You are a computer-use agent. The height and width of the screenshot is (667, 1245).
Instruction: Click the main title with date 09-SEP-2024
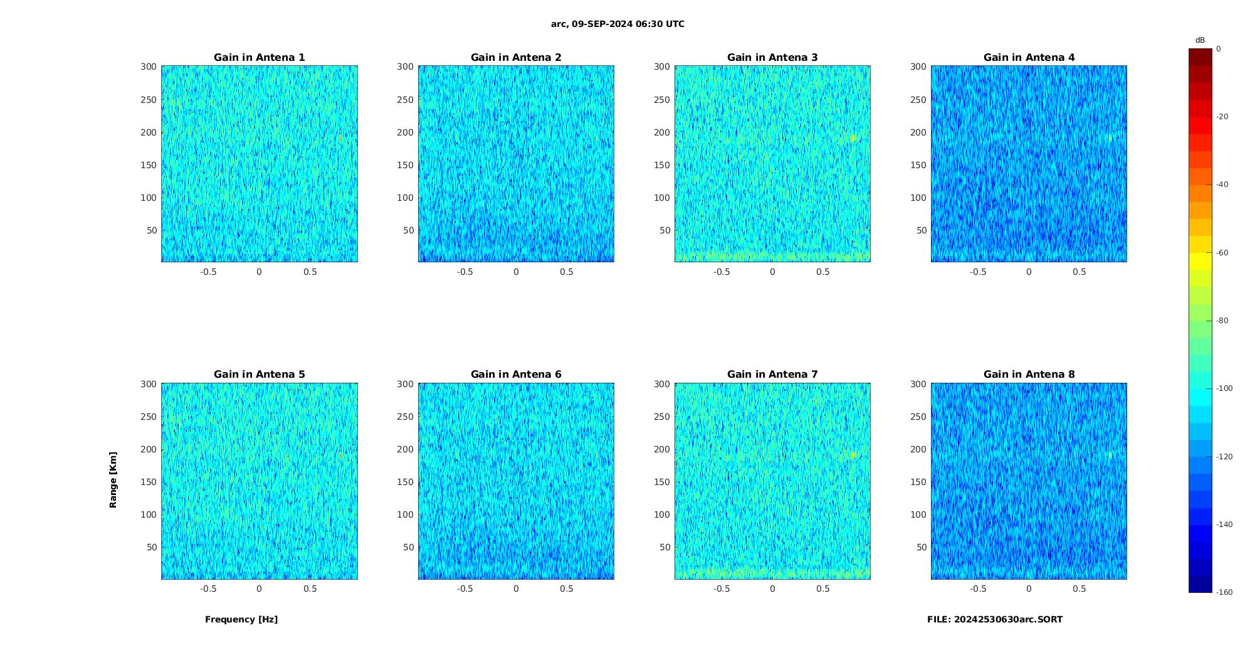coord(617,24)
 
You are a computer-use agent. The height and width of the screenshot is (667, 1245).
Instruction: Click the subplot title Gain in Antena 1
coord(260,57)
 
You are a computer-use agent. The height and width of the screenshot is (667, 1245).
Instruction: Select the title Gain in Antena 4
coord(1029,57)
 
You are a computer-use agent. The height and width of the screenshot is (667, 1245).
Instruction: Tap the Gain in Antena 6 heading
coord(516,374)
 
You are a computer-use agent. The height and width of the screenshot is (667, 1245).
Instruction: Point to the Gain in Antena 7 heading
coord(772,374)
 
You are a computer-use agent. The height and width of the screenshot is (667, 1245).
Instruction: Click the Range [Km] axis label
coord(113,480)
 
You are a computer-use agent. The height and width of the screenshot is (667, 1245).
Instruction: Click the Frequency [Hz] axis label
coord(241,619)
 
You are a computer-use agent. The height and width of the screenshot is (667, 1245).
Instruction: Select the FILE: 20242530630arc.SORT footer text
coord(995,619)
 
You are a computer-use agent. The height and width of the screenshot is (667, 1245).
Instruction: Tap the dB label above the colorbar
coord(1200,40)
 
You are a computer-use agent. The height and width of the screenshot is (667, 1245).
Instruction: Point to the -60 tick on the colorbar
coord(1222,253)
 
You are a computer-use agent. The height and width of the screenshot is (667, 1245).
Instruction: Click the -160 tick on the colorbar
coord(1224,592)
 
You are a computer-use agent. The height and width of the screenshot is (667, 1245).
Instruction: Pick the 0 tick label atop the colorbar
coord(1219,48)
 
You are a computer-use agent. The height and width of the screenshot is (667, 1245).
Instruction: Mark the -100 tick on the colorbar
coord(1224,388)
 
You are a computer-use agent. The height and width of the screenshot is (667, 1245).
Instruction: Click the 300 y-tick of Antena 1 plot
coord(149,67)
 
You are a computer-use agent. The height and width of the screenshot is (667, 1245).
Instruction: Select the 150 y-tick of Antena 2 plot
coord(405,165)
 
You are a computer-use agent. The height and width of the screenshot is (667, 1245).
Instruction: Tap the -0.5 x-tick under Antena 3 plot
coord(722,272)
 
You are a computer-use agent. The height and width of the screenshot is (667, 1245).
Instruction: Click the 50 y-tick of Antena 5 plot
coord(152,547)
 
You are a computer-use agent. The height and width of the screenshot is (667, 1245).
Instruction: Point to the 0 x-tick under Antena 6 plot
coord(516,589)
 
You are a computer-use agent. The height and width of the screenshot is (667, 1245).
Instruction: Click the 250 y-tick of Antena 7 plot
coord(662,417)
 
